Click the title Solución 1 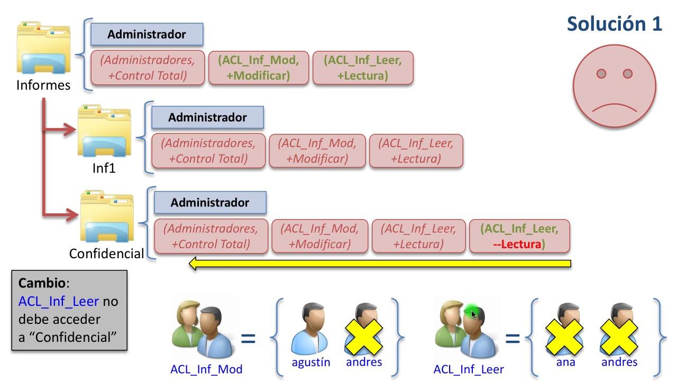(614, 24)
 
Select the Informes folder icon (43, 48)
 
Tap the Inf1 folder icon (104, 132)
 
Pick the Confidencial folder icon (106, 217)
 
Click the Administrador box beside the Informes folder (147, 34)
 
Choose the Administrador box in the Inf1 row (207, 117)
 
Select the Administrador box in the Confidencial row (209, 203)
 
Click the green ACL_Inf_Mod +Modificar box (258, 68)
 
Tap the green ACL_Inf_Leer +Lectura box (362, 68)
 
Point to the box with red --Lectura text (519, 236)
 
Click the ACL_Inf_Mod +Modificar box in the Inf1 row (317, 151)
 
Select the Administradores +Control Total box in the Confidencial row (211, 236)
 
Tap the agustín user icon (310, 329)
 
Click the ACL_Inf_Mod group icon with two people (202, 329)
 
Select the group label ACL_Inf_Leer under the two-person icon (469, 369)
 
